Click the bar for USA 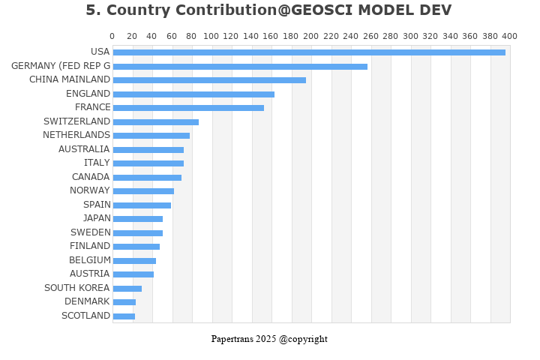309,52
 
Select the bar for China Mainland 209,80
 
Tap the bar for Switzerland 156,121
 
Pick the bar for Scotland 124,316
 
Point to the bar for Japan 138,219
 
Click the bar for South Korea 127,288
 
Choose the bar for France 188,108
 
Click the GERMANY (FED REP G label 61,66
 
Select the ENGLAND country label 88,94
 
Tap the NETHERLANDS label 76,135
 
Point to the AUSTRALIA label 84,149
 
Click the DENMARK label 87,301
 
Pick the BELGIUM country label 89,260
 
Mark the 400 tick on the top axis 510,36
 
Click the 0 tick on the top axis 112,36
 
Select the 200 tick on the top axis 311,36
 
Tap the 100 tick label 211,36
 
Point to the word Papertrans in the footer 232,339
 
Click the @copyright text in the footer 303,339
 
